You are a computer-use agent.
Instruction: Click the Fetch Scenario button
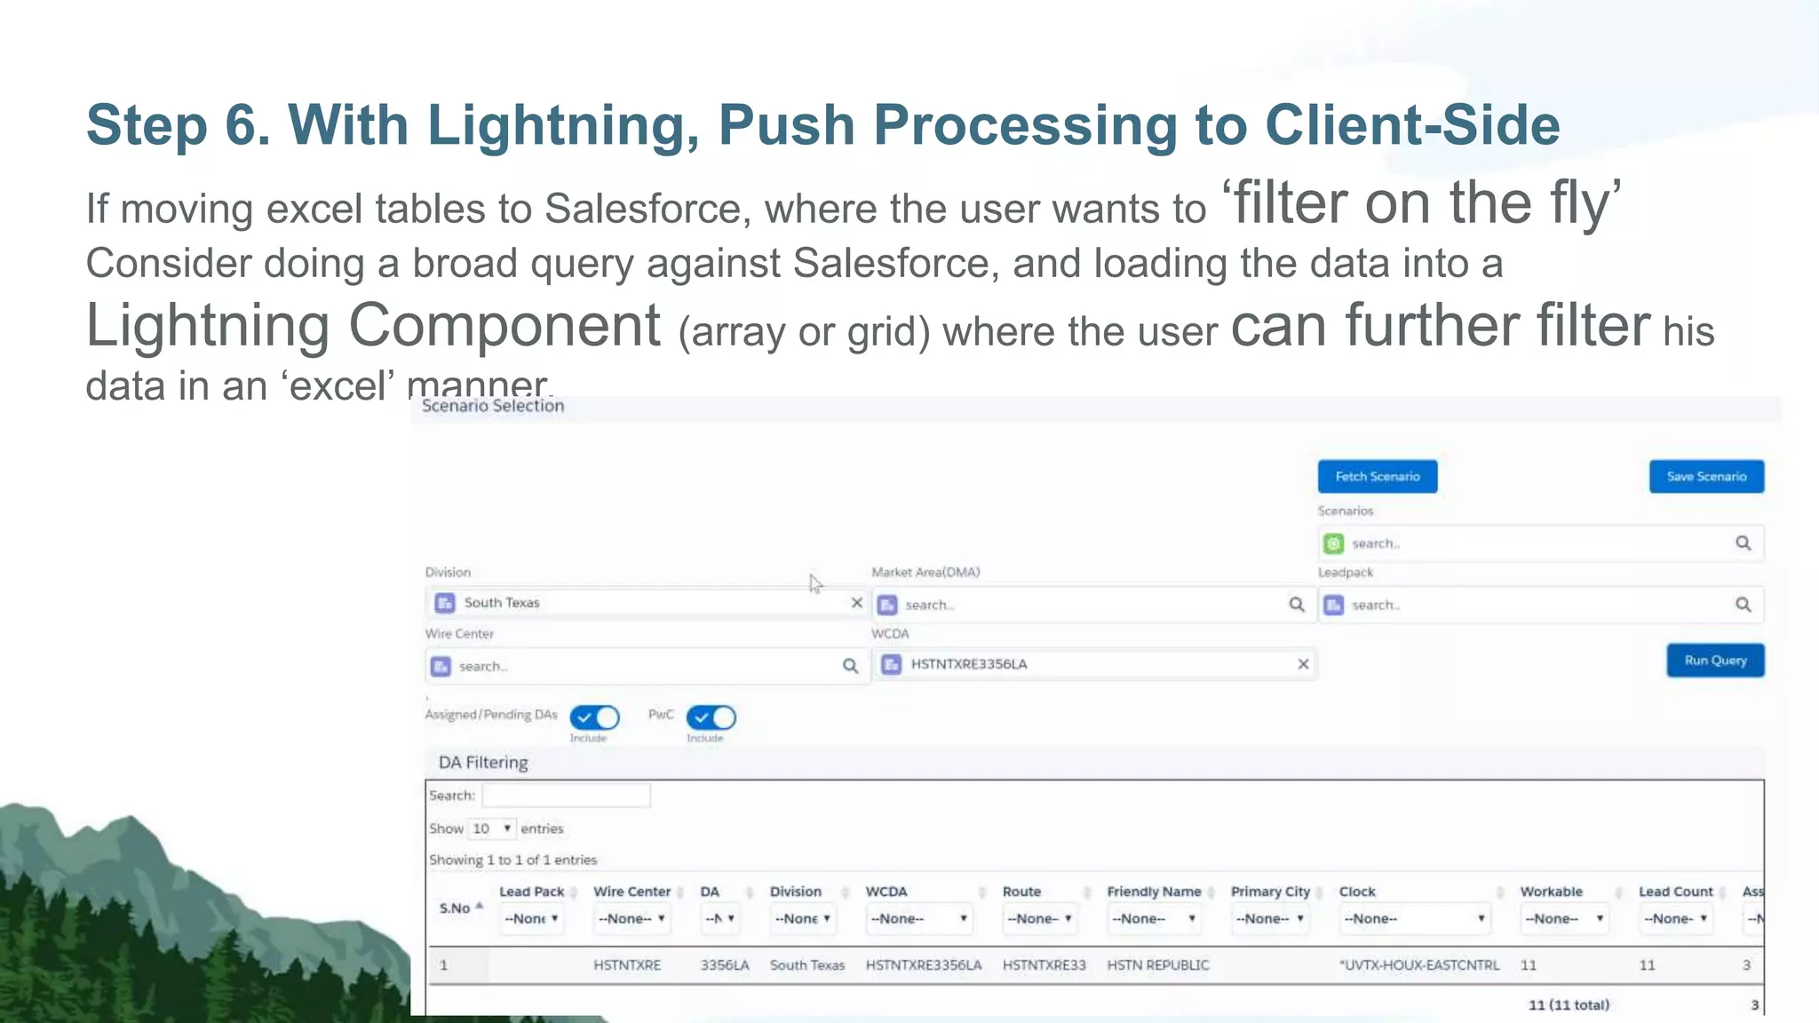pyautogui.click(x=1377, y=477)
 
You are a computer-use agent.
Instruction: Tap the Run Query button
pyautogui.click(x=1714, y=661)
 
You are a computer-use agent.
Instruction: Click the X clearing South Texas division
pyautogui.click(x=856, y=603)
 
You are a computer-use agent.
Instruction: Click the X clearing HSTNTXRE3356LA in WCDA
pyautogui.click(x=1303, y=664)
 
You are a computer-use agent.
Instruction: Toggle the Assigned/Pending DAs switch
pyautogui.click(x=594, y=718)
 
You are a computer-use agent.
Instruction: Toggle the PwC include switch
pyautogui.click(x=711, y=718)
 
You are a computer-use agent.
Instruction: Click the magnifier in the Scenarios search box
pyautogui.click(x=1743, y=543)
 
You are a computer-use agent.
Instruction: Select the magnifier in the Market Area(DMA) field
pyautogui.click(x=1297, y=605)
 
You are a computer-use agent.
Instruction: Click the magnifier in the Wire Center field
pyautogui.click(x=850, y=666)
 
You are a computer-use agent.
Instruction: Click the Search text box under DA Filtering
pyautogui.click(x=566, y=796)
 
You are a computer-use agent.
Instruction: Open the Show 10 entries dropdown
pyautogui.click(x=492, y=829)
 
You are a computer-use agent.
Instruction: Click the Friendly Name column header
pyautogui.click(x=1153, y=892)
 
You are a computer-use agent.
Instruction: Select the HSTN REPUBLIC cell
pyautogui.click(x=1157, y=965)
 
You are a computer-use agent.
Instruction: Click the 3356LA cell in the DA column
pyautogui.click(x=724, y=965)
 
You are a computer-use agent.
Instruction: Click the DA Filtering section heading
pyautogui.click(x=483, y=763)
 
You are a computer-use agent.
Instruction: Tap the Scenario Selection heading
pyautogui.click(x=493, y=406)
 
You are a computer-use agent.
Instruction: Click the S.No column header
pyautogui.click(x=455, y=908)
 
